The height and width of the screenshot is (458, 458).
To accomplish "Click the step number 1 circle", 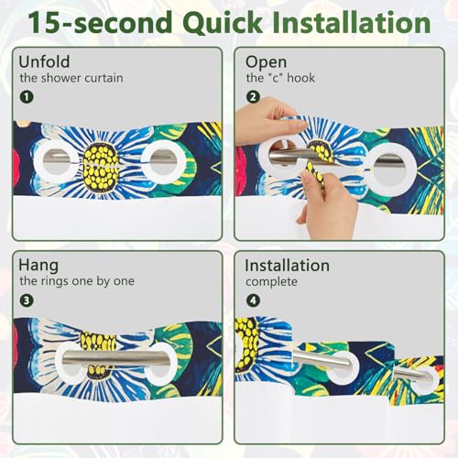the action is (27, 97).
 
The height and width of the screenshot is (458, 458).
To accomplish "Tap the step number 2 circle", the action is (253, 97).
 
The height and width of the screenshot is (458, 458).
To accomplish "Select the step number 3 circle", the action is (27, 300).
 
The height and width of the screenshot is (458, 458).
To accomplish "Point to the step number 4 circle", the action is (253, 300).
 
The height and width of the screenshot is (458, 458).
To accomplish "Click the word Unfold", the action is (44, 61).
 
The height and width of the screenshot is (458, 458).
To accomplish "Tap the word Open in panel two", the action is (266, 62).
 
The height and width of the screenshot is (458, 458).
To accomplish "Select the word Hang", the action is (38, 266).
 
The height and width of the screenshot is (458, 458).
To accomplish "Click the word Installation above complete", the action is (288, 266).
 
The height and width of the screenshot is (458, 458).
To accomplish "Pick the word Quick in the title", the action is (223, 22).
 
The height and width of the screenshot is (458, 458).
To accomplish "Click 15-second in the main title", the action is (100, 22).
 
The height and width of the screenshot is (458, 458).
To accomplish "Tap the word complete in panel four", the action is (271, 282).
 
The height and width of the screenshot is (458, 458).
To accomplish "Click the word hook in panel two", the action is (300, 78).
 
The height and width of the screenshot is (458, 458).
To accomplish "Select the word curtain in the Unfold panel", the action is (104, 78).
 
